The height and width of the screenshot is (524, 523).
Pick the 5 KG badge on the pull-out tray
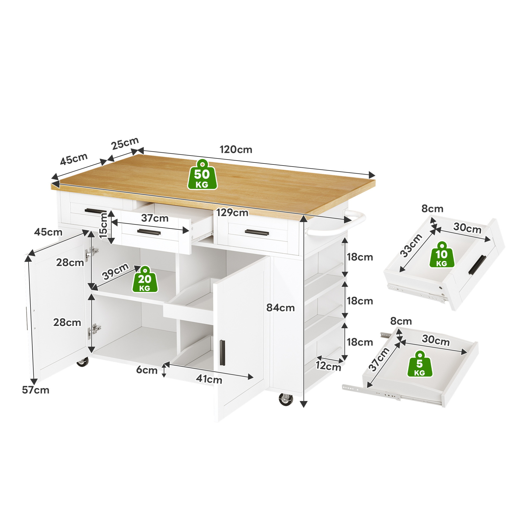point(420,364)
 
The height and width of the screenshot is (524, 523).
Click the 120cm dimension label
point(236,149)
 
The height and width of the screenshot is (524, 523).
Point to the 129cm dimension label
point(232,213)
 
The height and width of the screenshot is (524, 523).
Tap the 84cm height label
point(281,308)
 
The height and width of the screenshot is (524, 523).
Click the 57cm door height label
point(35,390)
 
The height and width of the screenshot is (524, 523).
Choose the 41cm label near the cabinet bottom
point(209,379)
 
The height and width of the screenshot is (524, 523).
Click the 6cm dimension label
point(147,370)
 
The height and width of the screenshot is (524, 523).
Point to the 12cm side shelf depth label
point(328,366)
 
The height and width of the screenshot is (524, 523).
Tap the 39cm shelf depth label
point(115,271)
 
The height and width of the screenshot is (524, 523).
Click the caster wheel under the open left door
point(83,362)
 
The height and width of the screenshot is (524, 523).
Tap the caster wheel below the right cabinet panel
point(286,399)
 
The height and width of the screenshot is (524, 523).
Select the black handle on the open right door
point(222,353)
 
